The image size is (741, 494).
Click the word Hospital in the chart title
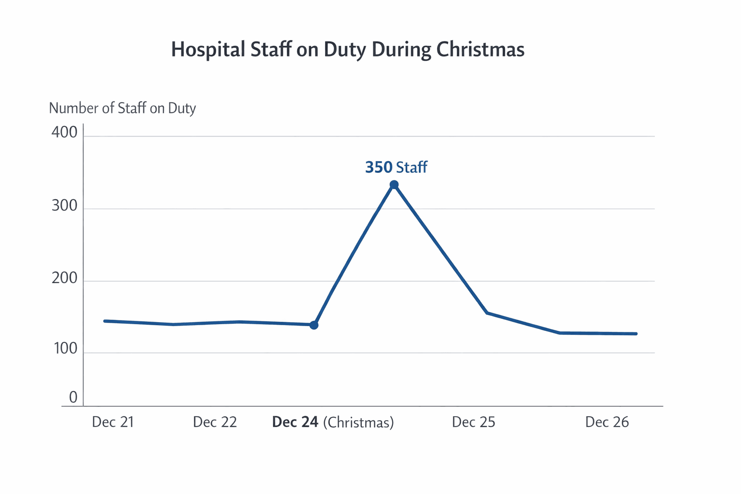coord(208,50)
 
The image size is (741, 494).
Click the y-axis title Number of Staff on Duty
coord(123,108)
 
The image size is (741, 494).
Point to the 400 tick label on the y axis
coord(64,132)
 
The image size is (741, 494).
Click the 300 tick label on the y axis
coord(64,206)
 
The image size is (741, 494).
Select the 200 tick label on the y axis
coord(64,278)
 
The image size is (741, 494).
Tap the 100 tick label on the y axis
coord(65,349)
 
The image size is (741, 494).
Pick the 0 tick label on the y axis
coord(73,398)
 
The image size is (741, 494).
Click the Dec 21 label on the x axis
coord(113,422)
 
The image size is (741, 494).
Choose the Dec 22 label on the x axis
coord(215,422)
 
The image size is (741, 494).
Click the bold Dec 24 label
coord(295,422)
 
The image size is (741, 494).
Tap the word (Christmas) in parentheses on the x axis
coord(358,423)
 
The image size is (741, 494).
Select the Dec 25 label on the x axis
coord(473,422)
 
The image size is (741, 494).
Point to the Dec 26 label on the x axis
coord(607,422)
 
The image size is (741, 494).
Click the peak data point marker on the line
coord(394,185)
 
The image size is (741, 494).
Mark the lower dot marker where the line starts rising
coord(314,325)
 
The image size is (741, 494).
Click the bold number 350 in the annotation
coord(379,167)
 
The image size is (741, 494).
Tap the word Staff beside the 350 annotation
coord(412,167)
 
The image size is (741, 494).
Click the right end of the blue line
coord(636,334)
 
